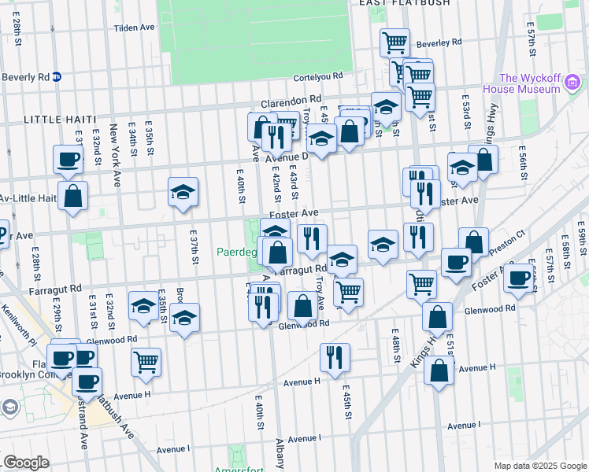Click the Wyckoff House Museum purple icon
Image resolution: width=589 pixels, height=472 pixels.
tap(573, 83)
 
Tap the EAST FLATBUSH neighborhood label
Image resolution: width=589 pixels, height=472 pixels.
tap(404, 3)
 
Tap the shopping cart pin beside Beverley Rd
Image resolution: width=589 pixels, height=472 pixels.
tap(394, 41)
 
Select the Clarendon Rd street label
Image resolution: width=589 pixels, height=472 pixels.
tap(291, 101)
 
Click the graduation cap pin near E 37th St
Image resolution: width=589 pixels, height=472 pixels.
tap(183, 192)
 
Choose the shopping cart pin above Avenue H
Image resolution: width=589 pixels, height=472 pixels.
tap(146, 362)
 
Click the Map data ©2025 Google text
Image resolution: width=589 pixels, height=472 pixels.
tap(539, 466)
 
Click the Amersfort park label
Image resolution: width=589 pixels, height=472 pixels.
tap(237, 469)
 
